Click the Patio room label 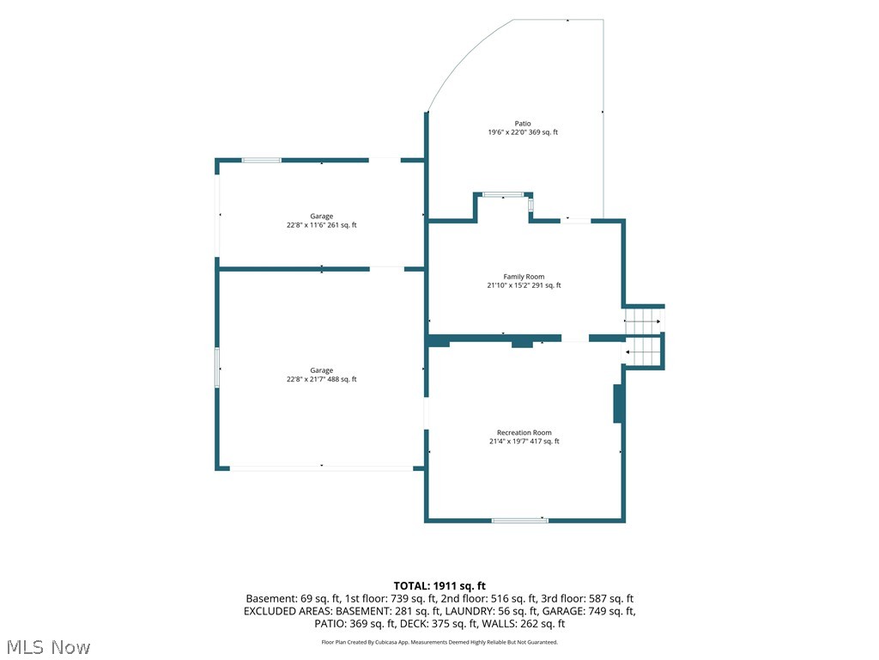(523, 124)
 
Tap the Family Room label (524, 277)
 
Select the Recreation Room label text (524, 433)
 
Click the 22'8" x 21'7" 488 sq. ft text (322, 379)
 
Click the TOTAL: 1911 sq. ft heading (439, 586)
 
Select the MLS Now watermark (48, 647)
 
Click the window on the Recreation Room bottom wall (519, 521)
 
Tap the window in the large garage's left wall (217, 368)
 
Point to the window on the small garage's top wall (261, 161)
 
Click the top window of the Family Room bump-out (503, 195)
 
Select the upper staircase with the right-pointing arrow (644, 321)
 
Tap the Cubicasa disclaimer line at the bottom (439, 642)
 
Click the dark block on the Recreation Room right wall (618, 404)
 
